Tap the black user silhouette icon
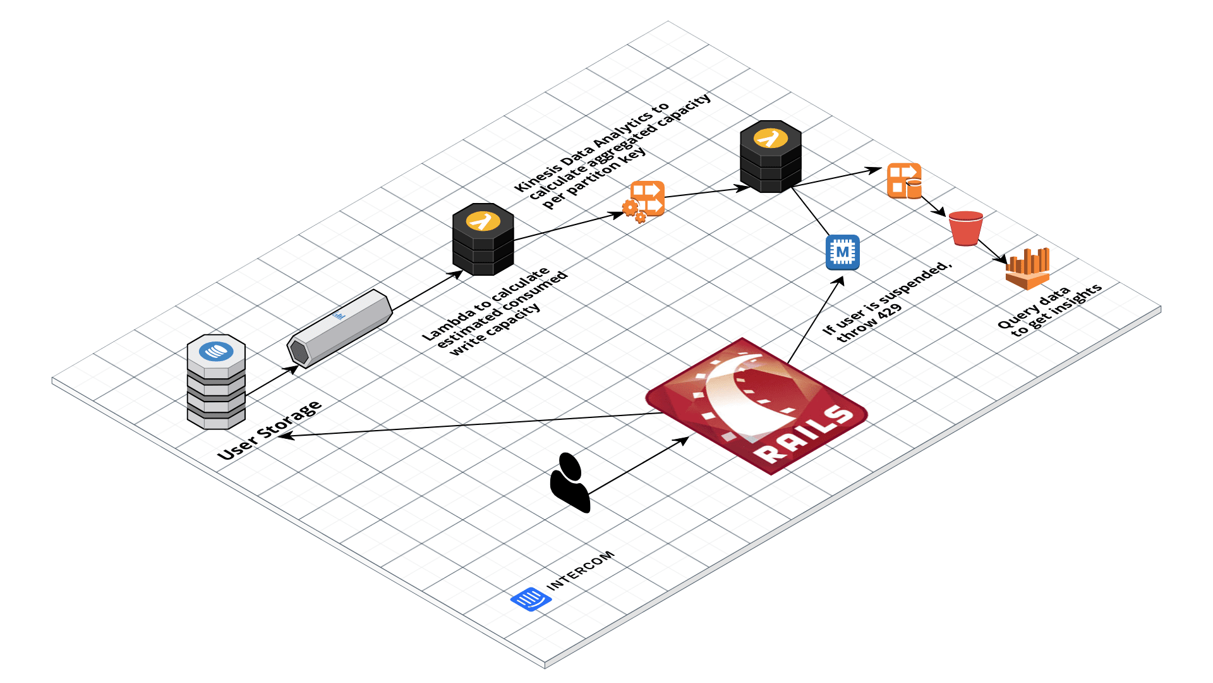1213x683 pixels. [570, 482]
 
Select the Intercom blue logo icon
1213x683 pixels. [530, 598]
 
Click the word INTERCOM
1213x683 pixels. [580, 570]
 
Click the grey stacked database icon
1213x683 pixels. [216, 381]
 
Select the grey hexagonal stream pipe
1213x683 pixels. [339, 328]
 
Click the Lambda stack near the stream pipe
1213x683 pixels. [483, 239]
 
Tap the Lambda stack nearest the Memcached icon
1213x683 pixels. [771, 156]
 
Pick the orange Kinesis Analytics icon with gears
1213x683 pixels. [644, 200]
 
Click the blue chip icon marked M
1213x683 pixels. [843, 252]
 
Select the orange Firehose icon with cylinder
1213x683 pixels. [904, 181]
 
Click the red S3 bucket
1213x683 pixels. [965, 228]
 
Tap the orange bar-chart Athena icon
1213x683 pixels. [1028, 268]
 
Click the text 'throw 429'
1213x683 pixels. [870, 323]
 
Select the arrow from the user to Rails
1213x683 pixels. [638, 465]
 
